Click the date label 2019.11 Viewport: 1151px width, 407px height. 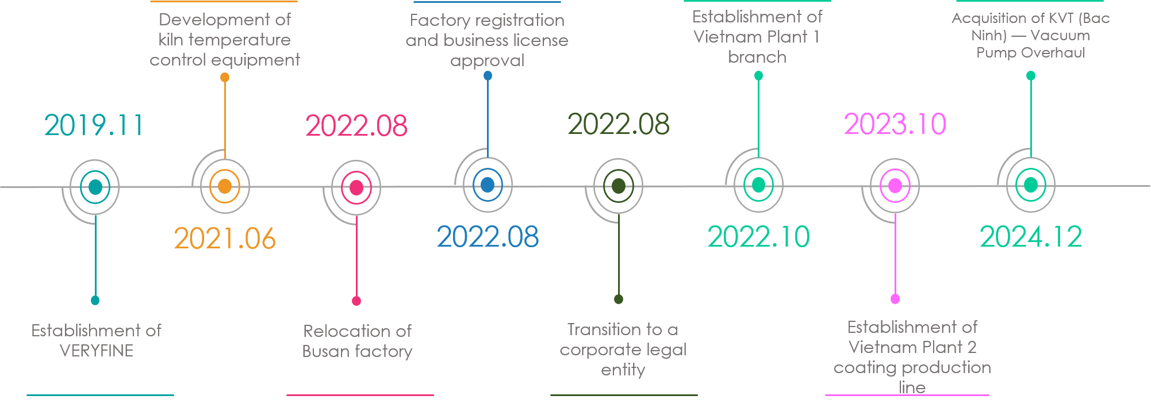click(93, 125)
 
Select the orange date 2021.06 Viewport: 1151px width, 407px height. click(225, 238)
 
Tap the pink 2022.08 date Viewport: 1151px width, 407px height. click(356, 126)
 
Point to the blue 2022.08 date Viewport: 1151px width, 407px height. click(488, 237)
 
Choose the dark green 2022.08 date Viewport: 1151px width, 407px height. click(618, 124)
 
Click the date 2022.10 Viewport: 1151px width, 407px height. click(758, 237)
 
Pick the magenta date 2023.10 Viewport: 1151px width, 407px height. click(895, 124)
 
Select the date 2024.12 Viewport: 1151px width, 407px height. click(1030, 237)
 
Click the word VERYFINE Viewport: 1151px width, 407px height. click(97, 351)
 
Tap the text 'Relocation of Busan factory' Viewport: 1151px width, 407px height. click(357, 341)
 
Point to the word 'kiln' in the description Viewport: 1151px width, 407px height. click(171, 40)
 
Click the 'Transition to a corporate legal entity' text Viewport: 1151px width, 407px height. click(623, 349)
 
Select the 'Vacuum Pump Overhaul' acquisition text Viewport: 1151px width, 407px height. click(1030, 44)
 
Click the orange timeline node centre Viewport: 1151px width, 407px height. click(225, 186)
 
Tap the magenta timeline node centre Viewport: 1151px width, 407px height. click(895, 186)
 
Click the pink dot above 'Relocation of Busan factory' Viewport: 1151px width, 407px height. click(356, 301)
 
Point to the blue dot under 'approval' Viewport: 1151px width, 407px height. click(488, 76)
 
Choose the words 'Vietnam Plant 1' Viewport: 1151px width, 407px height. click(757, 37)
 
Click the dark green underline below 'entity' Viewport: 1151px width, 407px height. click(624, 395)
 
